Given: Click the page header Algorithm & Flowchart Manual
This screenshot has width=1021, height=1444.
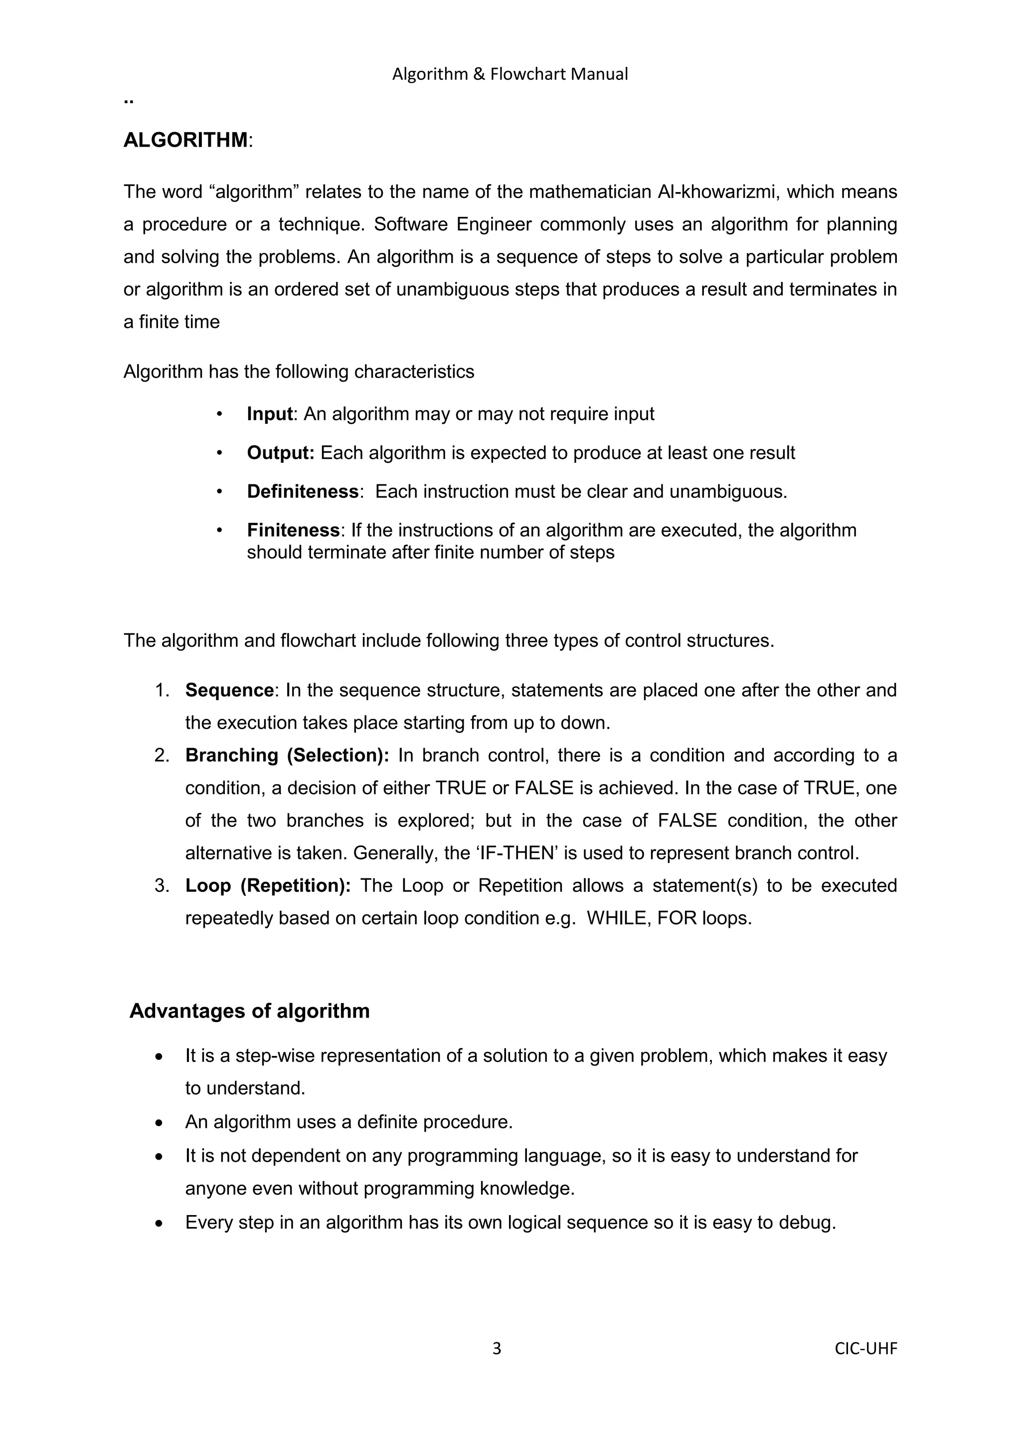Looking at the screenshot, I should (510, 74).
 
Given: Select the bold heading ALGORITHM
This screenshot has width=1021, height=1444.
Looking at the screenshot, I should (185, 140).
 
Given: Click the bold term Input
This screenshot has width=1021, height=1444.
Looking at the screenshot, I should (270, 414).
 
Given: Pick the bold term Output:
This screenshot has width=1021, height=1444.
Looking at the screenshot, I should (280, 453).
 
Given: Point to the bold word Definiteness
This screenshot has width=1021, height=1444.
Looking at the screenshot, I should (303, 491).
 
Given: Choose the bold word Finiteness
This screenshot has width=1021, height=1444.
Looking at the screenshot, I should (293, 530).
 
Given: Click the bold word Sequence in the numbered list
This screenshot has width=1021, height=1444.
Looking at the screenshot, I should (229, 690).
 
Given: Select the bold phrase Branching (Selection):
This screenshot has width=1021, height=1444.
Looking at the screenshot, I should (287, 755).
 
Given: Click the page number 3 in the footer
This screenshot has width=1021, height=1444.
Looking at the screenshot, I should (497, 1348).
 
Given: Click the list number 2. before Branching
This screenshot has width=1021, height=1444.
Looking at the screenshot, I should (162, 755).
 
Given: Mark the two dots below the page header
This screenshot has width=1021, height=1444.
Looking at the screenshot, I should (129, 101).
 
